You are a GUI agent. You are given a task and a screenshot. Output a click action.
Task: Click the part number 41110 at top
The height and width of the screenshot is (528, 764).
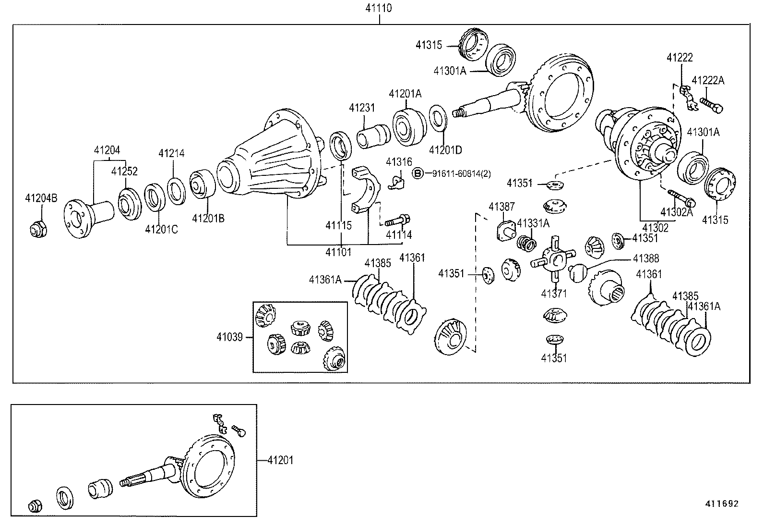pos(379,8)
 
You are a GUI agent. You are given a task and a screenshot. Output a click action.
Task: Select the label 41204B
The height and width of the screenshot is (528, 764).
pos(41,197)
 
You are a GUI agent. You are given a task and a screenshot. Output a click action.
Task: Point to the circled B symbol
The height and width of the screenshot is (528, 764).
pos(418,173)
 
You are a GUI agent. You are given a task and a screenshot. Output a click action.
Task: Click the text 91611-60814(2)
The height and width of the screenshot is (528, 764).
pos(461,173)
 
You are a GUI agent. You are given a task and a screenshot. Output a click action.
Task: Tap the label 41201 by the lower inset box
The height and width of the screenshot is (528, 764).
pos(280,460)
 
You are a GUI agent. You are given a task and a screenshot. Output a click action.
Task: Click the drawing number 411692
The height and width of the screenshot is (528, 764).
pos(721,503)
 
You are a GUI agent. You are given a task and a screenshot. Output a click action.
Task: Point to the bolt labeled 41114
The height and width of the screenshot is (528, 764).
pos(396,221)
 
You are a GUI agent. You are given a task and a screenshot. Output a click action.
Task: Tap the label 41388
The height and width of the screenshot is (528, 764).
pos(645,258)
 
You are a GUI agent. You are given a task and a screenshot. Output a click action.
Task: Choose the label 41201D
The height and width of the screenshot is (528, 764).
pos(445,150)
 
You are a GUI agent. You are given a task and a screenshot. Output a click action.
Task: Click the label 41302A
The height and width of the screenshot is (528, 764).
pos(676,212)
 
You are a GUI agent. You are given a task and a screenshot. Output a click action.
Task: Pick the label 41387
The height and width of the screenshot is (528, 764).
pos(501,207)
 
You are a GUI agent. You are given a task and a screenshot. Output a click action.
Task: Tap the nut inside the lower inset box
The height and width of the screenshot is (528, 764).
pos(35,505)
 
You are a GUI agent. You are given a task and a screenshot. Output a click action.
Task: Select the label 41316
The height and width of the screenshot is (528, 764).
pos(399,161)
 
